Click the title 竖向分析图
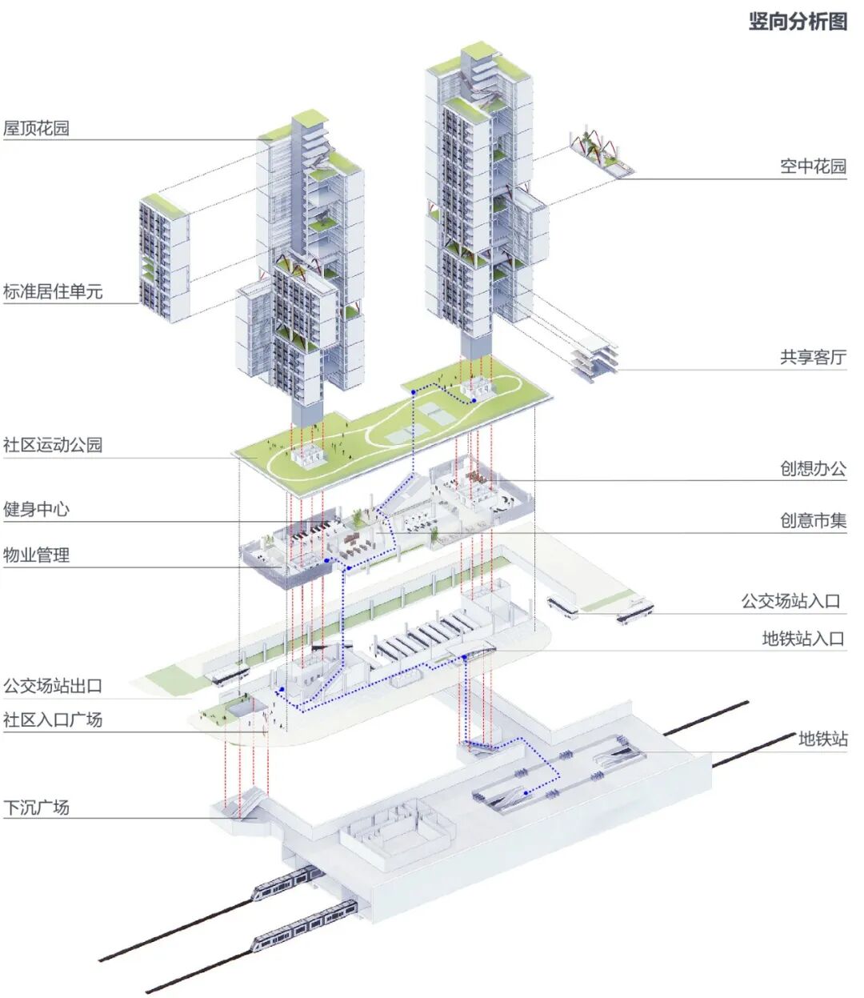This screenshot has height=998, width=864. (797, 22)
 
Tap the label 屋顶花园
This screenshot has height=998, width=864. (37, 128)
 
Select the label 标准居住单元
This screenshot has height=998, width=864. (53, 291)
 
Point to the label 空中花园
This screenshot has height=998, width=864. (813, 166)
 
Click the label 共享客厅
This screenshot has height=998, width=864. (813, 357)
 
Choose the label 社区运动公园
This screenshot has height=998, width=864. (53, 445)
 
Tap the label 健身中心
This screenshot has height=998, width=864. (37, 509)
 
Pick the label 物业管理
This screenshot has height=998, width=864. (37, 555)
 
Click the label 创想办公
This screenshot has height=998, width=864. (813, 468)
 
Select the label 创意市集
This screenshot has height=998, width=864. (813, 521)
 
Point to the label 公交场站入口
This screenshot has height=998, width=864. (790, 601)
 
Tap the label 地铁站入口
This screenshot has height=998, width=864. (803, 638)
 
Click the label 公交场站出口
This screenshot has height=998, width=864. (53, 686)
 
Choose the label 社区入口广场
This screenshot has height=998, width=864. (53, 719)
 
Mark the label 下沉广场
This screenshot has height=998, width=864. (37, 808)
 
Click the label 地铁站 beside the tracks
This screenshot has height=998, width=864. (822, 739)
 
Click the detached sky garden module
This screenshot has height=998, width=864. (602, 152)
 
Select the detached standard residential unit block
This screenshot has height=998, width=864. (164, 258)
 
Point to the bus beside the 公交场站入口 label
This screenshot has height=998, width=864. (634, 611)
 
